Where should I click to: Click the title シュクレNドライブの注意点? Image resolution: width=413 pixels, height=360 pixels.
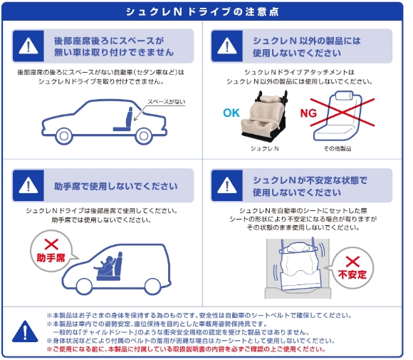[206, 12]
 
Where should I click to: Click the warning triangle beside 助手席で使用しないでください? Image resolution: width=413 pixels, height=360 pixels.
[28, 185]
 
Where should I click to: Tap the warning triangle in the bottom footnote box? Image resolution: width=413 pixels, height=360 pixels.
[27, 329]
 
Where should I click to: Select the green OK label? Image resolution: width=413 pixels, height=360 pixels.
[231, 113]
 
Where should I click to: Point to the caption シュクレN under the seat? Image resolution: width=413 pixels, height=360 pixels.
[265, 148]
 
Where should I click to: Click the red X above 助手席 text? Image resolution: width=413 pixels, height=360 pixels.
[51, 244]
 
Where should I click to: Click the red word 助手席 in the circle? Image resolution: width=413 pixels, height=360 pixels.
[51, 257]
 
